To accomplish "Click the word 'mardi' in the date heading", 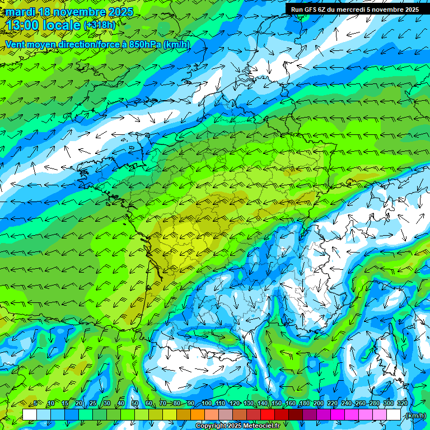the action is [20, 12].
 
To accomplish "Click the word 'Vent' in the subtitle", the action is [16, 44].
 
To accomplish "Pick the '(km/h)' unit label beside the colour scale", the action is [415, 415].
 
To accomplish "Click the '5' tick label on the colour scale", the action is [36, 403].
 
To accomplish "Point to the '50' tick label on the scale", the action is [134, 403].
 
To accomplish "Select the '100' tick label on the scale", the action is [207, 403].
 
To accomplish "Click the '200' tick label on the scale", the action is [319, 403].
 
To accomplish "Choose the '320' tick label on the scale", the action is [403, 403].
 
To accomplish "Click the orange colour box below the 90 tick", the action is [197, 414].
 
